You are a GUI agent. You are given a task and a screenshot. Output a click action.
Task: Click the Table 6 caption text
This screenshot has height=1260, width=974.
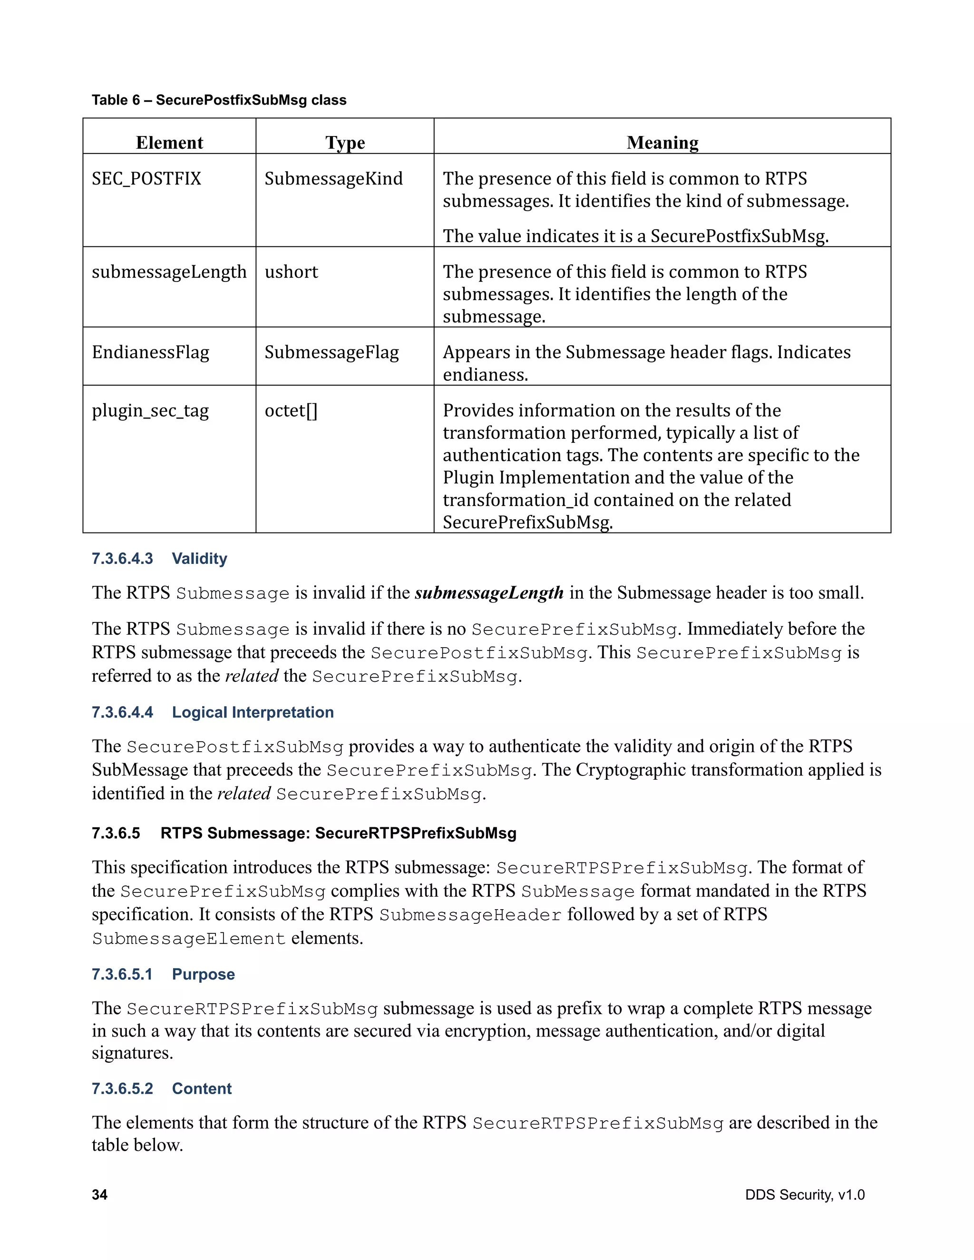pos(219,100)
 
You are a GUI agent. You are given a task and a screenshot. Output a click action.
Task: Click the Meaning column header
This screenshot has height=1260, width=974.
pos(662,143)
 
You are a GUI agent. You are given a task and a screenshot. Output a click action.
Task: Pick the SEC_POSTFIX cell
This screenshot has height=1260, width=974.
pos(146,179)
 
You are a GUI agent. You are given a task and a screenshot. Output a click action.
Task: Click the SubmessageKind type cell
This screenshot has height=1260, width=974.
pos(333,179)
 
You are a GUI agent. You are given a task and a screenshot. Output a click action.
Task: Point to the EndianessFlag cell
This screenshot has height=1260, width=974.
pos(151,352)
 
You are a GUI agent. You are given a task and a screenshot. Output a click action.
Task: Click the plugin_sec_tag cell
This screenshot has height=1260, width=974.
pos(150,411)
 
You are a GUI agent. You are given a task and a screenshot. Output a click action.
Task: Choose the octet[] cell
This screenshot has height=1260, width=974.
pos(291,411)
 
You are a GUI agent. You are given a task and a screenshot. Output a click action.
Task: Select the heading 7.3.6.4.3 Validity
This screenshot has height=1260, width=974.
pos(159,559)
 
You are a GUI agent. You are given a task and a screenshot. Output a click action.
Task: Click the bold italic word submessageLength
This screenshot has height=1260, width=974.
pos(489,593)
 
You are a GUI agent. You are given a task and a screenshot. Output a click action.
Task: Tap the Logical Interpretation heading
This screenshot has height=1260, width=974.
pos(252,713)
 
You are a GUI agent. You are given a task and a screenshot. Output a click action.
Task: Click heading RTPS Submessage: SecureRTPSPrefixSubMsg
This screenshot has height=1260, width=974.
pos(338,834)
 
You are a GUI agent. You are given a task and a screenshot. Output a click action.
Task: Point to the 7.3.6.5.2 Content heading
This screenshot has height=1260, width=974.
pos(162,1089)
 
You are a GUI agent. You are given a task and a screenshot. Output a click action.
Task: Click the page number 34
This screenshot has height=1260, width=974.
pos(99,1195)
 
